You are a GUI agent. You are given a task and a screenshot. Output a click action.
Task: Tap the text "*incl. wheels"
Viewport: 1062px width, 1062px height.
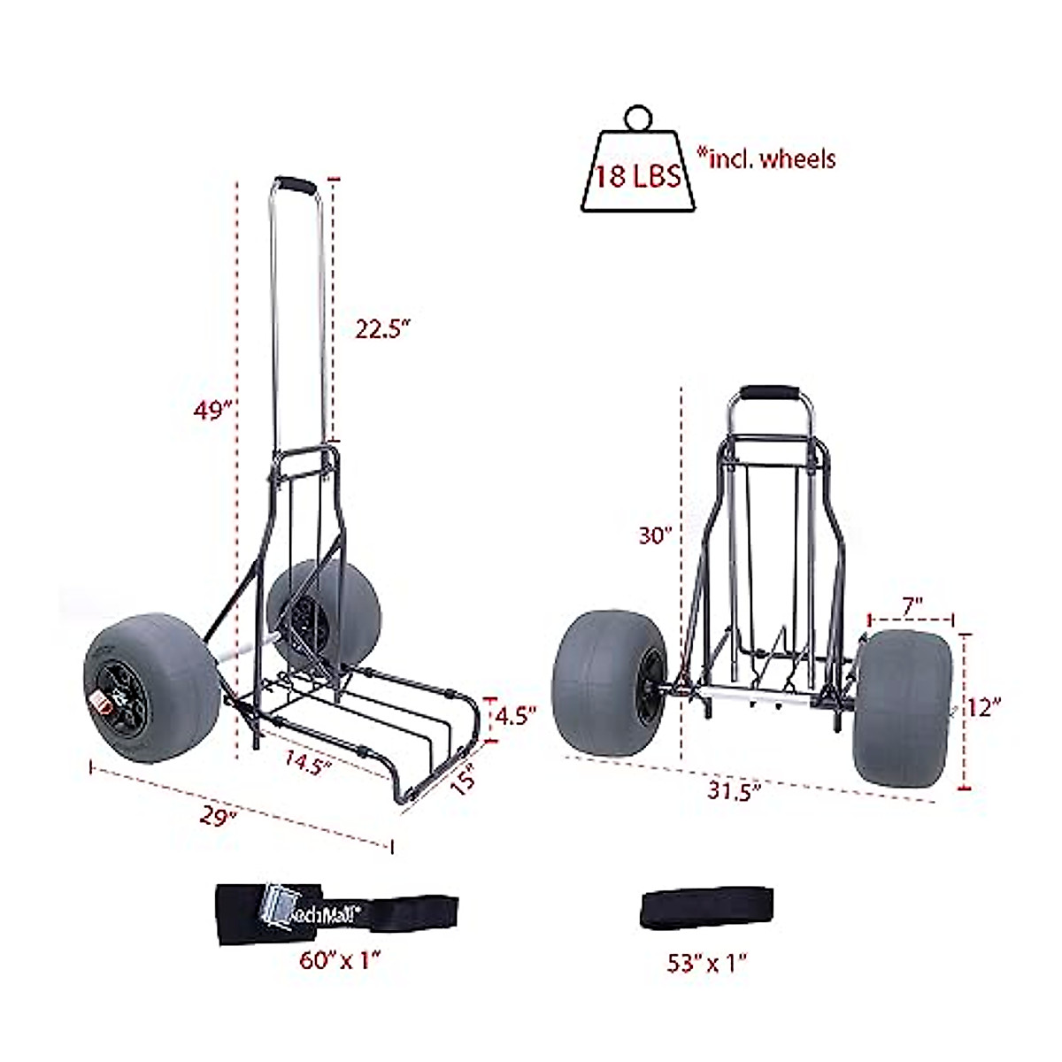click(766, 158)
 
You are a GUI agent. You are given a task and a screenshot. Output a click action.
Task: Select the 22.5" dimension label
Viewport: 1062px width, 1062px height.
click(382, 328)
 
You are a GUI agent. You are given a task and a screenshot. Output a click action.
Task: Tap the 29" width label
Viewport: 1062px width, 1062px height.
click(219, 817)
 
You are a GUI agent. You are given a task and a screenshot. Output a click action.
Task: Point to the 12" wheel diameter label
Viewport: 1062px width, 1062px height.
click(984, 705)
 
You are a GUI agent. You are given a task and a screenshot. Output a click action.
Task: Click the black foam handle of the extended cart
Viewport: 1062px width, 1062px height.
click(295, 188)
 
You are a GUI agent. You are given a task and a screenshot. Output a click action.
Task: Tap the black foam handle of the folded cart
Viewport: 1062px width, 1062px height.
click(770, 394)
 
